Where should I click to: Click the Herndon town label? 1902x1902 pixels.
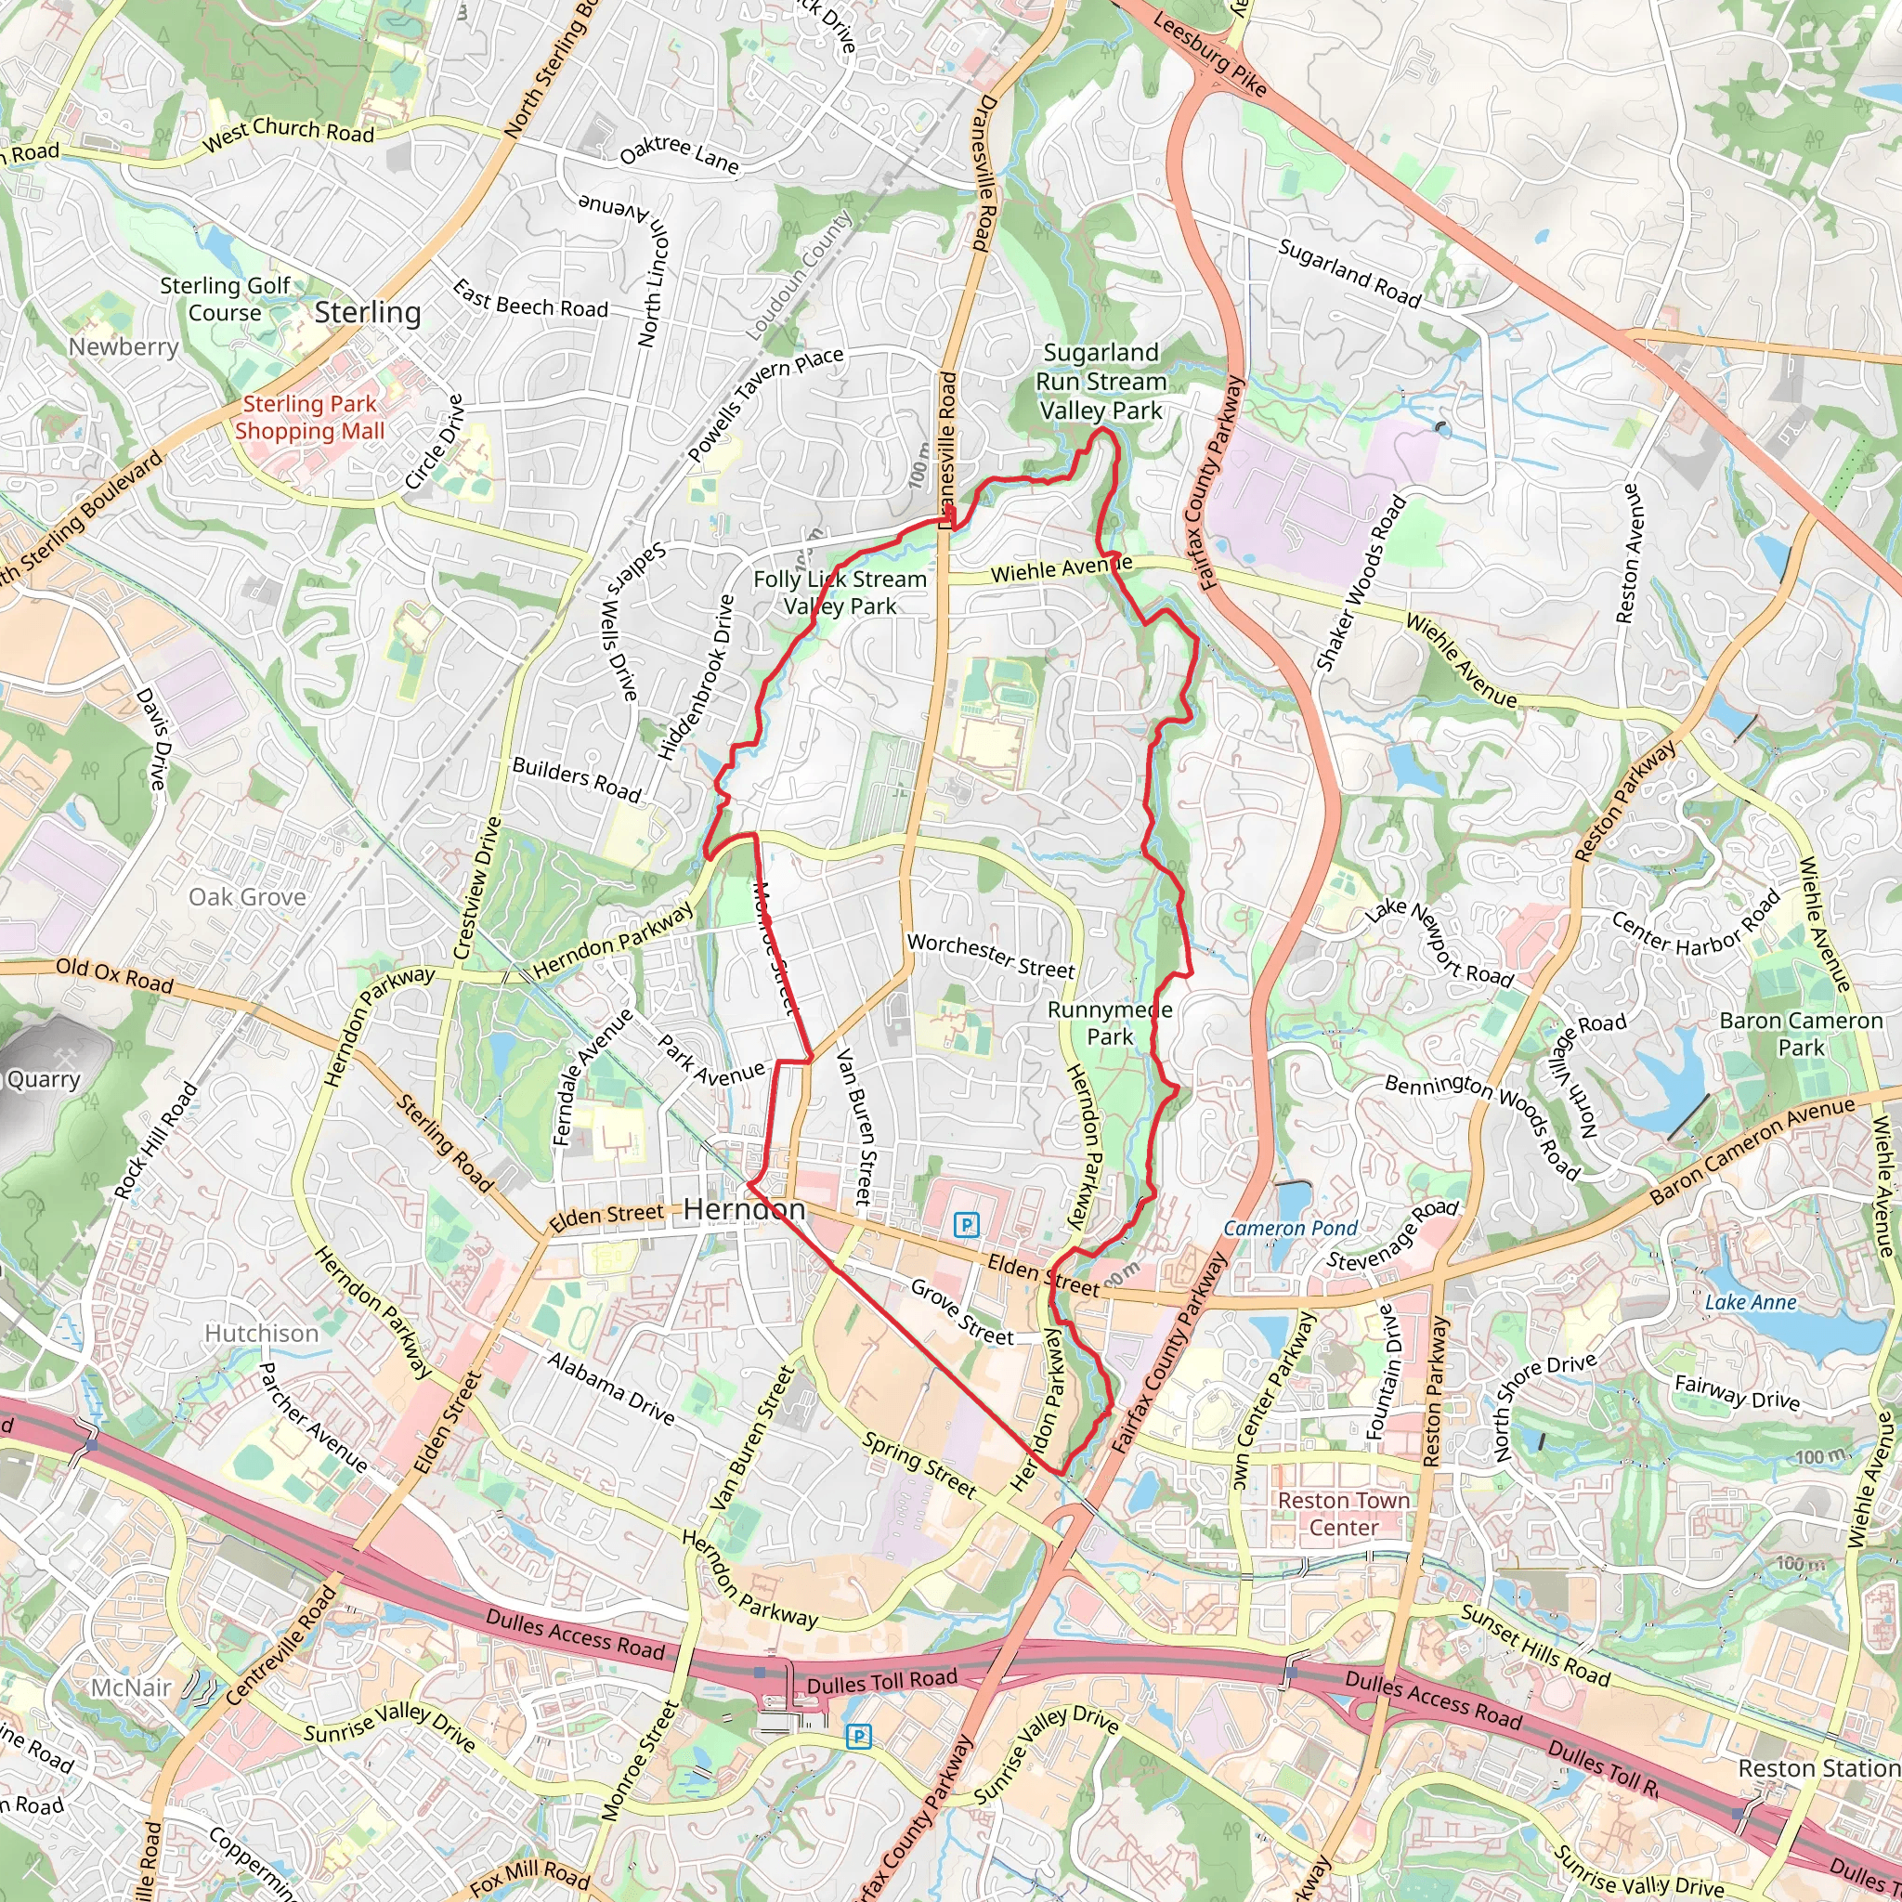point(743,1209)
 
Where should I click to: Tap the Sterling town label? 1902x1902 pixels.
point(367,312)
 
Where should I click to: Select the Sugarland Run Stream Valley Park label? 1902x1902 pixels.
point(1101,382)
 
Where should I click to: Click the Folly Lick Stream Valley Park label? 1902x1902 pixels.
point(840,593)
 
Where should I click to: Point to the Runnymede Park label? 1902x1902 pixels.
point(1110,1023)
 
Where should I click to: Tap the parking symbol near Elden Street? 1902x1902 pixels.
point(967,1225)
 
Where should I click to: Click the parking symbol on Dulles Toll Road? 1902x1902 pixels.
point(858,1738)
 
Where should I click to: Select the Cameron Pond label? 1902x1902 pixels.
point(1290,1229)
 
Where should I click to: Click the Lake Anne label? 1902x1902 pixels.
point(1750,1302)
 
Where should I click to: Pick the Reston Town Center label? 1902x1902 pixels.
point(1344,1514)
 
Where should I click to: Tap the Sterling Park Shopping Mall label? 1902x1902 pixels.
point(309,417)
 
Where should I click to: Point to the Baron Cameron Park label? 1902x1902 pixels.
point(1801,1034)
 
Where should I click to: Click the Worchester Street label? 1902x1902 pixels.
point(990,956)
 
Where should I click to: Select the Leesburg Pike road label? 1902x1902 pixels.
point(1209,55)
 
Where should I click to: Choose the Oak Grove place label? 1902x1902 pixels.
point(247,897)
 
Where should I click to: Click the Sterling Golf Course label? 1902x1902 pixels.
point(225,299)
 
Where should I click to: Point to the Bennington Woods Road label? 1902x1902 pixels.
point(1482,1127)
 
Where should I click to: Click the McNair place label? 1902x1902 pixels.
point(131,1688)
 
